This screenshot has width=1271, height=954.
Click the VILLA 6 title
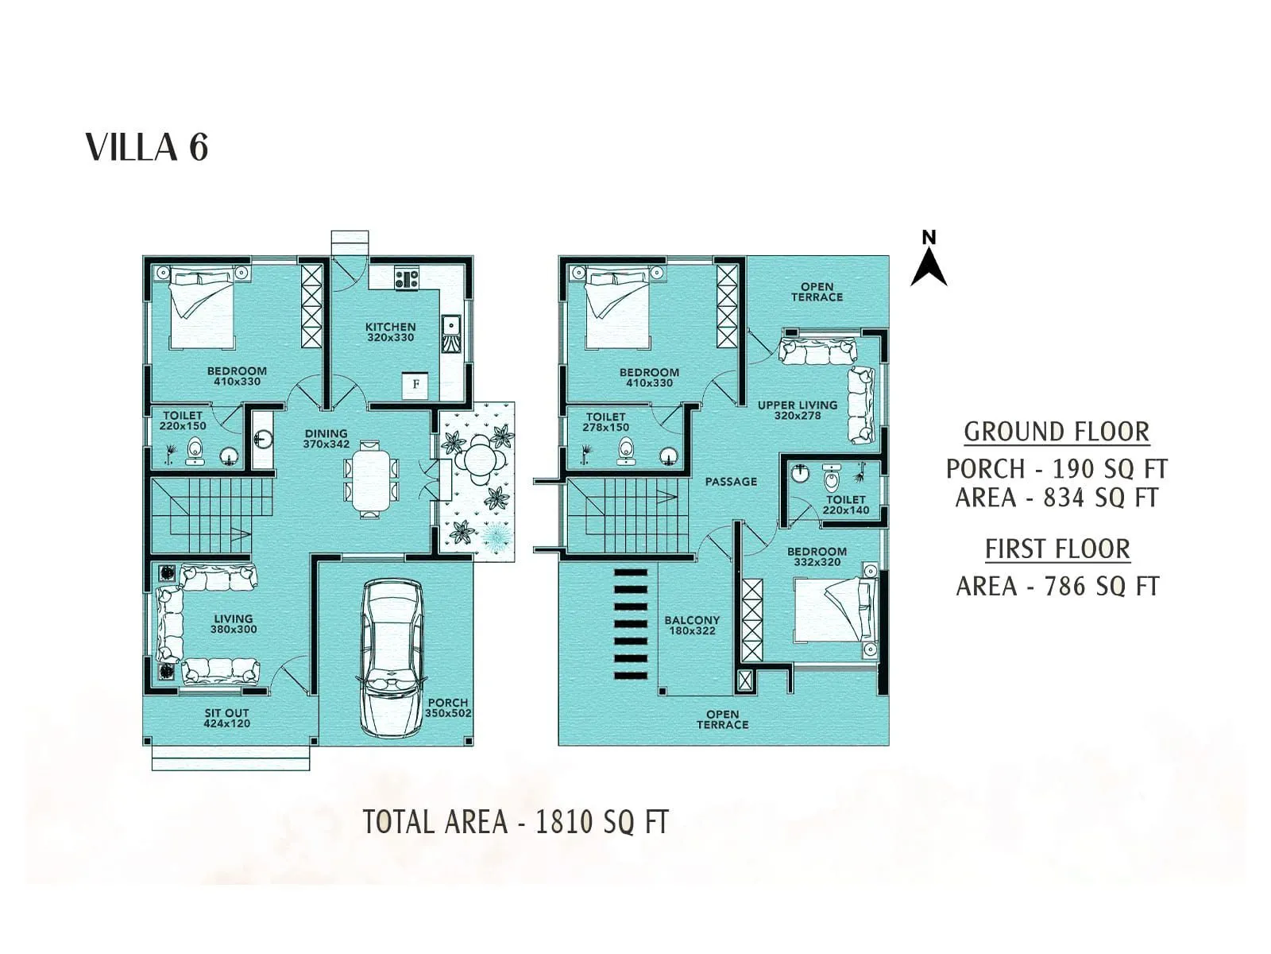point(147,148)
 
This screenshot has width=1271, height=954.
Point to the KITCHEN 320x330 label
point(390,332)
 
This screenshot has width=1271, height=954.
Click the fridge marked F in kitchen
point(415,385)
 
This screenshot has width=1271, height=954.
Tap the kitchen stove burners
point(407,278)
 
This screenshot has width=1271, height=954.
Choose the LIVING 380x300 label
point(233,624)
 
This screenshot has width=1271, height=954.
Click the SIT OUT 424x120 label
point(226,719)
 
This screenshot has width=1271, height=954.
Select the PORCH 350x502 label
point(448,708)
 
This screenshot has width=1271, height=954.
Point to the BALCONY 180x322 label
point(692,625)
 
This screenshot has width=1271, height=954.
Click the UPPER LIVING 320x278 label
point(797,410)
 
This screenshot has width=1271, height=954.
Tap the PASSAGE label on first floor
point(731,482)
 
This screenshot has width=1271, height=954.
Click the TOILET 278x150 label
point(605,422)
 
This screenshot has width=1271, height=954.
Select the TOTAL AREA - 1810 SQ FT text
point(516,822)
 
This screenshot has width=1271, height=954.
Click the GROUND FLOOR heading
point(1057,432)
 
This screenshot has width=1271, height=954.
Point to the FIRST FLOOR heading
point(1057,549)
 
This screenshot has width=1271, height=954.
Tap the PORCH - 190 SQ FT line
point(1057,468)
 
